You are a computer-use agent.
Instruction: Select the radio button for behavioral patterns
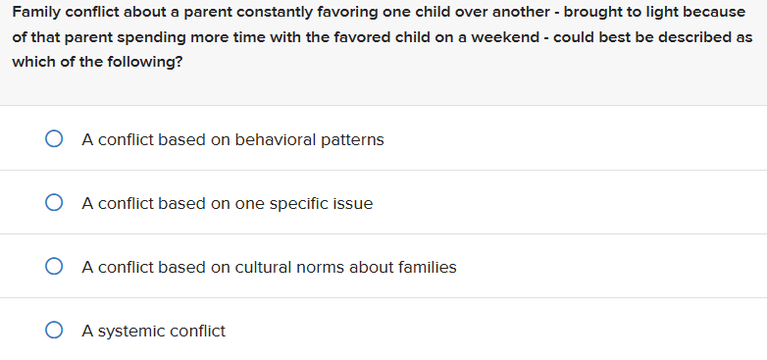click(55, 140)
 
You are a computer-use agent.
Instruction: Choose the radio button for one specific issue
click(55, 204)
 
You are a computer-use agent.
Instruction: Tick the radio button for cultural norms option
click(55, 267)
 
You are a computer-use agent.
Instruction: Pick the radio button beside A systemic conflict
click(55, 332)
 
